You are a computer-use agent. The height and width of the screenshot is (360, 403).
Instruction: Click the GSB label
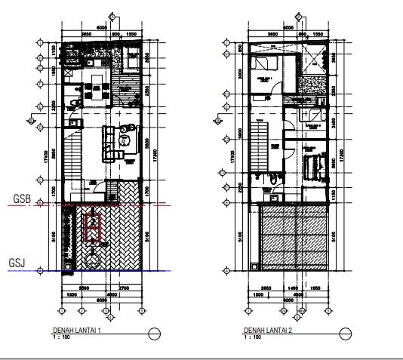tap(20, 199)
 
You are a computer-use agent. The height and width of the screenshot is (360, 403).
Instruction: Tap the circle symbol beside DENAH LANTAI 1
tap(155, 333)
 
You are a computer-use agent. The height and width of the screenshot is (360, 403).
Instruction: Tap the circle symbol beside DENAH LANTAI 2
tap(345, 333)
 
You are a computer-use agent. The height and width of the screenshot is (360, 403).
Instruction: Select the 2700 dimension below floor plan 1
tap(125, 288)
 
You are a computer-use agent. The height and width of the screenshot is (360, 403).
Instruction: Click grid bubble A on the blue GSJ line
tap(34, 271)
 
